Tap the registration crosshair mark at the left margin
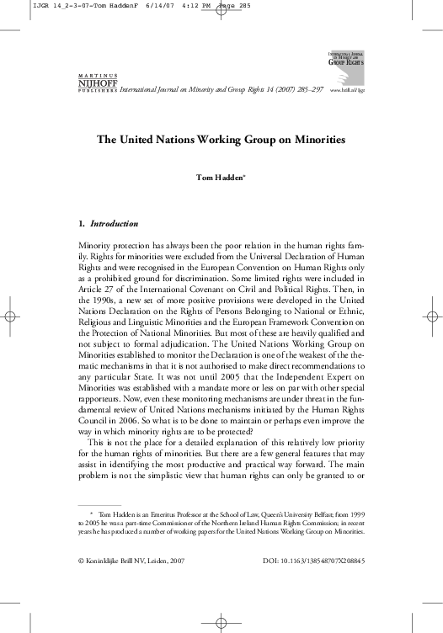pos(11,316)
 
